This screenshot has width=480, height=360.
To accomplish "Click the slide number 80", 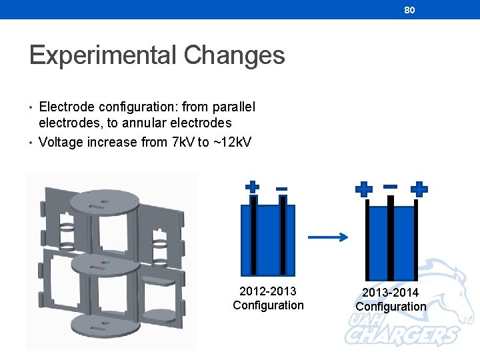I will click(409, 10).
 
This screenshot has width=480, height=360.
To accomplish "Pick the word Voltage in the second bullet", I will click(63, 142).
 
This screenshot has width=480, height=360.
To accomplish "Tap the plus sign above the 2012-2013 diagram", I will click(252, 187).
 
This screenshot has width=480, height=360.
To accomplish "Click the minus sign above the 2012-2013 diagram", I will click(281, 189).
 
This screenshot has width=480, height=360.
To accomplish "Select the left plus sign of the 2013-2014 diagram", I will click(364, 189).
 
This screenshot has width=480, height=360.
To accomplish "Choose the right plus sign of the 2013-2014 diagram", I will click(419, 189).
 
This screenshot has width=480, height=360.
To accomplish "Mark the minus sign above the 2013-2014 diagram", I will click(391, 186).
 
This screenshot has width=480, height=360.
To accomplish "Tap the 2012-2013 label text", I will click(268, 291).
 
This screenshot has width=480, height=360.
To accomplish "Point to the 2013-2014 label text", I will click(391, 293).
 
